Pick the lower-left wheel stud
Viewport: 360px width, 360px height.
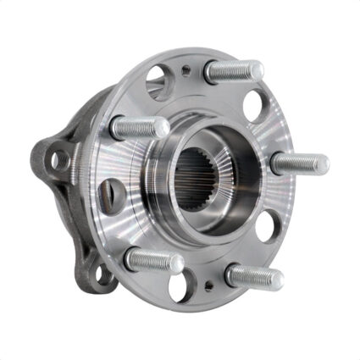click(x=153, y=259)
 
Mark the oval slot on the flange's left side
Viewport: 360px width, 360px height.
click(x=105, y=196)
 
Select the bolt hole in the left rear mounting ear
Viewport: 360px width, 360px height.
click(x=58, y=158)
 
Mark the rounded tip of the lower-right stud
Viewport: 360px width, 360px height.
click(x=276, y=278)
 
